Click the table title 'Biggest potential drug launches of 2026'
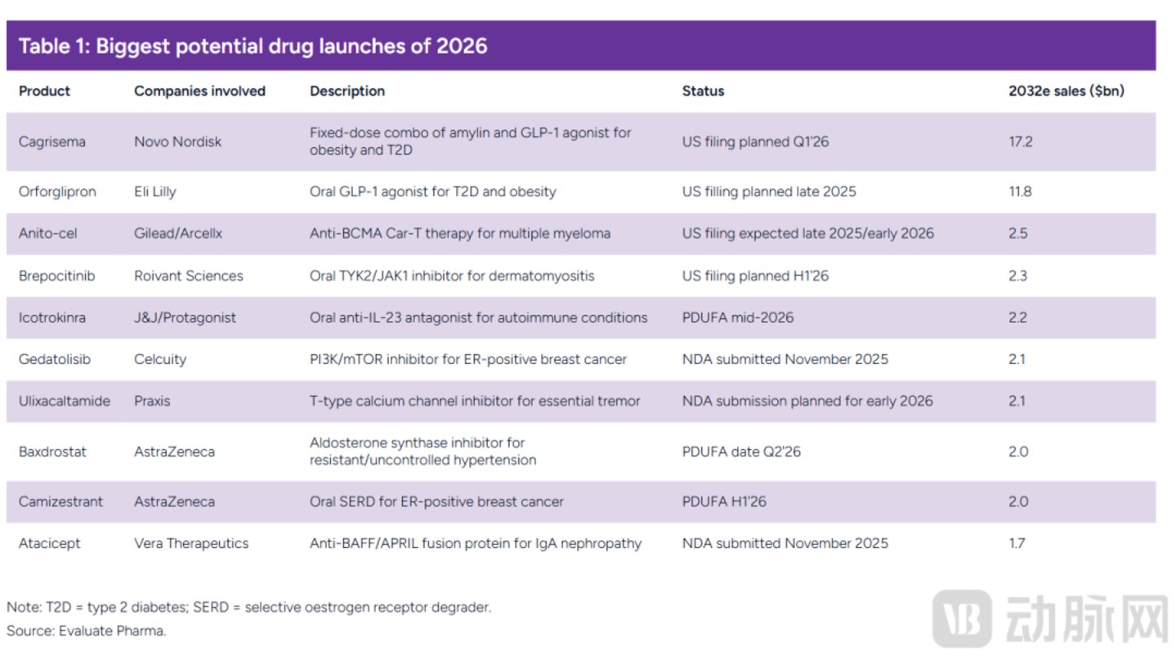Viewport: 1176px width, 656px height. pyautogui.click(x=292, y=47)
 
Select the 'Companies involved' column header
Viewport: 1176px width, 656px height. pyautogui.click(x=199, y=91)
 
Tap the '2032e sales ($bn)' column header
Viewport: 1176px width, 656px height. pyautogui.click(x=1066, y=91)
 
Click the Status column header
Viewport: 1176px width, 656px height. pyautogui.click(x=703, y=91)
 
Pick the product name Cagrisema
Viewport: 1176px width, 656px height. pyautogui.click(x=52, y=142)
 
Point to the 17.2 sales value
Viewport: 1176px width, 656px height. pyautogui.click(x=1020, y=142)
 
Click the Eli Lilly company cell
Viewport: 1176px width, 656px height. pyautogui.click(x=155, y=192)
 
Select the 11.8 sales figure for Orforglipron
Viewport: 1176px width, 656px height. pyautogui.click(x=1020, y=191)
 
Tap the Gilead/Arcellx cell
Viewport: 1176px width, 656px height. pyautogui.click(x=178, y=233)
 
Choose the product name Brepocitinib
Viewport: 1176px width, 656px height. pyautogui.click(x=56, y=276)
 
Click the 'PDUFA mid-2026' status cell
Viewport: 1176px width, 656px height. pyautogui.click(x=738, y=317)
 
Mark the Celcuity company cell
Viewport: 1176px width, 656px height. pyautogui.click(x=160, y=360)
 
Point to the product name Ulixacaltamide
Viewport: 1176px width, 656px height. pyautogui.click(x=64, y=401)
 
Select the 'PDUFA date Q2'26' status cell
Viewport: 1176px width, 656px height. pyautogui.click(x=741, y=452)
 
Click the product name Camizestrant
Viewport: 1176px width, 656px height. pyautogui.click(x=60, y=501)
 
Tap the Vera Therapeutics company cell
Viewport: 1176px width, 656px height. pyautogui.click(x=191, y=543)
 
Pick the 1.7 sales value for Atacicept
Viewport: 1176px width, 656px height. pyautogui.click(x=1017, y=543)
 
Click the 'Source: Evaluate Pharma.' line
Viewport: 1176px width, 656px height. pyautogui.click(x=86, y=631)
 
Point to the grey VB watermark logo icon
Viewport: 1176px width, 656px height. pyautogui.click(x=962, y=618)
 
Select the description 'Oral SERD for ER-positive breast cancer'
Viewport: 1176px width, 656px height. pyautogui.click(x=436, y=502)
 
